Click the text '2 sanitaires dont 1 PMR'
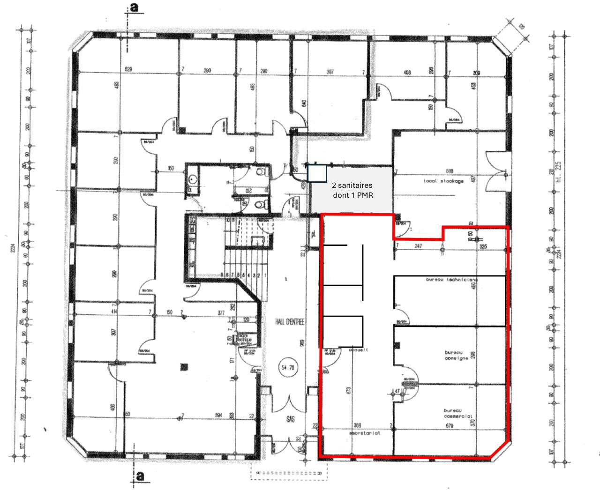tap(352, 190)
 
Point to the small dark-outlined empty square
tap(317, 173)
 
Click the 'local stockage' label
tap(443, 181)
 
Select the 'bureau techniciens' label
tap(451, 280)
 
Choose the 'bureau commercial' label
tap(457, 413)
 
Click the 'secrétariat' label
tap(364, 433)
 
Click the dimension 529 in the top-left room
tap(128, 69)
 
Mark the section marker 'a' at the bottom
tap(139, 476)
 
